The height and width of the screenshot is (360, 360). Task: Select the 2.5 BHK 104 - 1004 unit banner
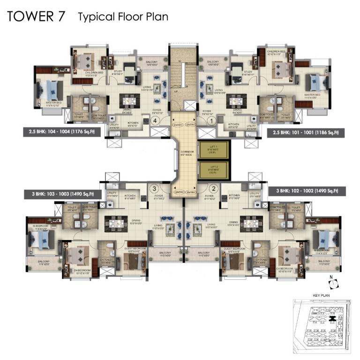(x=59, y=133)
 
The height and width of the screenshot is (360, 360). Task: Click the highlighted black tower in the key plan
(x=332, y=319)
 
